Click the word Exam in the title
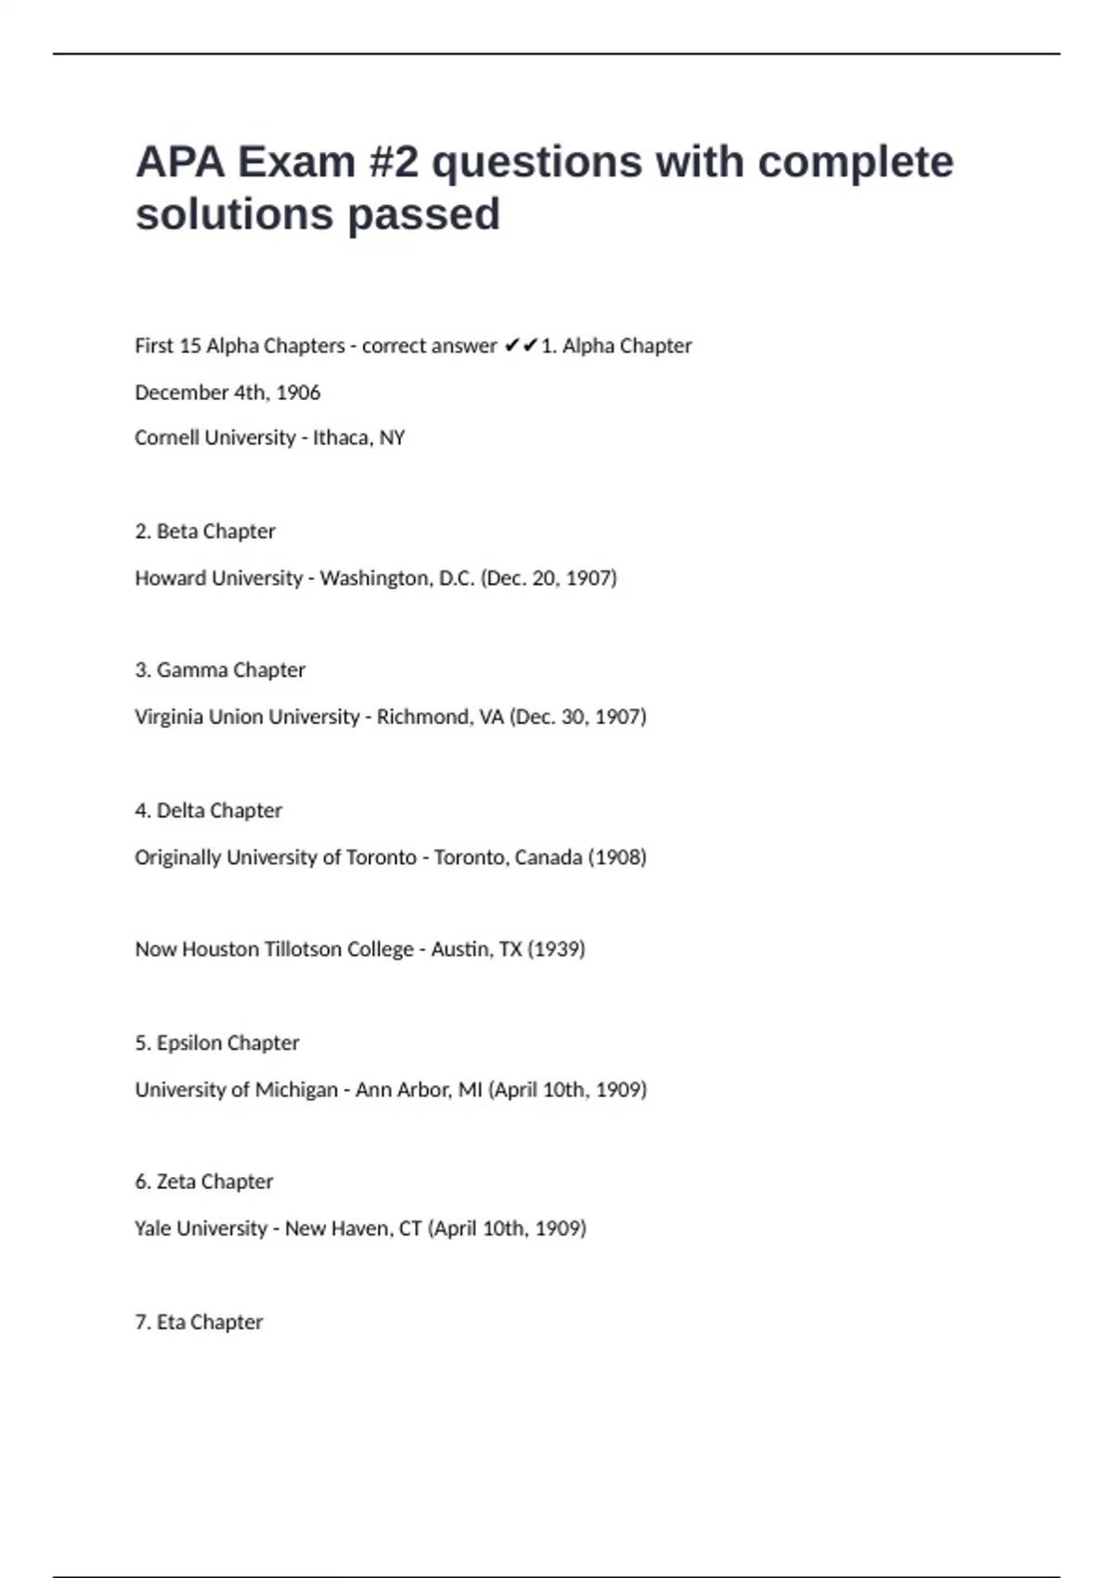(296, 162)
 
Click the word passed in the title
(423, 214)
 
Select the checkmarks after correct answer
(521, 345)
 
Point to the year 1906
(298, 393)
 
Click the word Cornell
(168, 437)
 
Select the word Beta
(176, 531)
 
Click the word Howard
(171, 578)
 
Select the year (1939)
(556, 950)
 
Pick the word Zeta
(175, 1182)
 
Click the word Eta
(171, 1322)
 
